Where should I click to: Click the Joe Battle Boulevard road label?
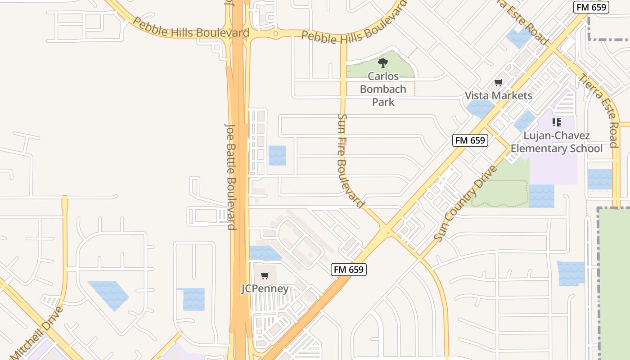230,175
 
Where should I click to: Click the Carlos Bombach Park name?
383,89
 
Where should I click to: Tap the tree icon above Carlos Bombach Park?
383,63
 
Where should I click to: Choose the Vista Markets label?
498,95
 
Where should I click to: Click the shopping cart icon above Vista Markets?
498,83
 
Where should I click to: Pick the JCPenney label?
265,288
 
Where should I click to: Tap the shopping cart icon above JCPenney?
265,275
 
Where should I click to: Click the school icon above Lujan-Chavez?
557,122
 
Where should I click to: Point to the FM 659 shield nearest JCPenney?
349,270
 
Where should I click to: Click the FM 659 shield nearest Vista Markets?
470,140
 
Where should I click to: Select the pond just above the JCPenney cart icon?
264,253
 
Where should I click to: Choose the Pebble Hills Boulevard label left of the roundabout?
191,29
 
